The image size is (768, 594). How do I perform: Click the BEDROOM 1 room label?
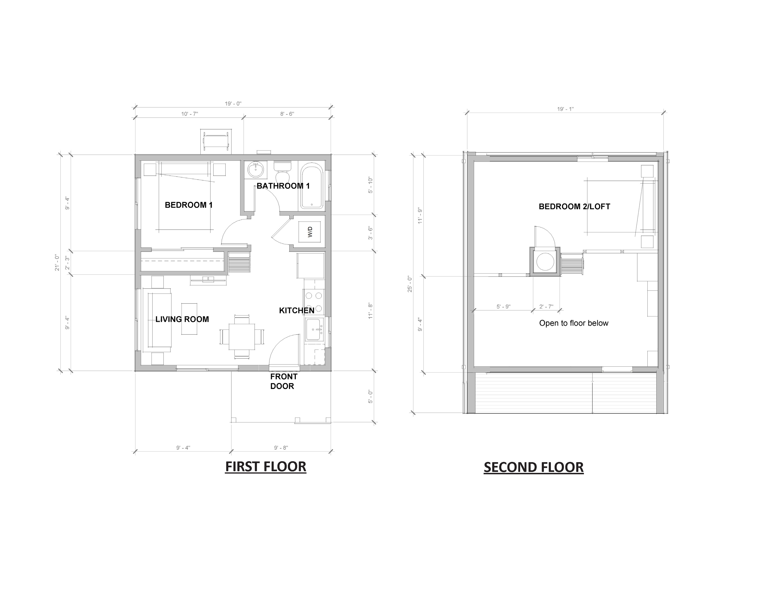189,205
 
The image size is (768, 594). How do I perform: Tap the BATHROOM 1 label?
283,186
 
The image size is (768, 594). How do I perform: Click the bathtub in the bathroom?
312,186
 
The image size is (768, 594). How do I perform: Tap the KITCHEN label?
296,310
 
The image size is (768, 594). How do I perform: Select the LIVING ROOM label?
182,319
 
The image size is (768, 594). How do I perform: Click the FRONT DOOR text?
283,382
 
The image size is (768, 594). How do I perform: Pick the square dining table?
242,337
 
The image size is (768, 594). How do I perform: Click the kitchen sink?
314,329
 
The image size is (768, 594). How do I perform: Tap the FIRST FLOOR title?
266,467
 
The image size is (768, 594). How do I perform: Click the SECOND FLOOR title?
533,467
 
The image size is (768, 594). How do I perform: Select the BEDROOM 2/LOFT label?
574,207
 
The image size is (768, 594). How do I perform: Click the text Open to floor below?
573,323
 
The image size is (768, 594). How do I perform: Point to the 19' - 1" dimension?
565,109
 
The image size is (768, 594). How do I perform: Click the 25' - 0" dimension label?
410,284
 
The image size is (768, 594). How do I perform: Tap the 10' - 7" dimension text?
189,114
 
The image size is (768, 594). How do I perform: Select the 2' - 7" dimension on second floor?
546,307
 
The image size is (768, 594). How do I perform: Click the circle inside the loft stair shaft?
545,261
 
